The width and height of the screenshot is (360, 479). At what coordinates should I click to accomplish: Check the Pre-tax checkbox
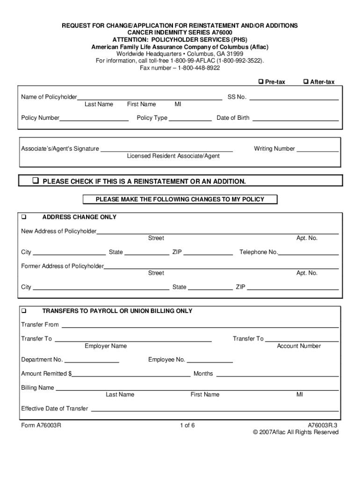point(261,82)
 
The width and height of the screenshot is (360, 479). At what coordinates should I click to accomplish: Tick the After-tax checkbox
point(306,82)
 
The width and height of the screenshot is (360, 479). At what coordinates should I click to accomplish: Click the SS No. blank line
point(294,99)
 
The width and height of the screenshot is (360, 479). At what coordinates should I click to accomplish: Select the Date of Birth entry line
point(295,120)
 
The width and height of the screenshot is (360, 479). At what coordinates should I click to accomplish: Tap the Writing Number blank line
point(317,151)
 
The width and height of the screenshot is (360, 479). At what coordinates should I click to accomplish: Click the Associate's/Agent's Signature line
point(166,151)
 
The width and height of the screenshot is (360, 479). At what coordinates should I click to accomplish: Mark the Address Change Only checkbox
point(24,217)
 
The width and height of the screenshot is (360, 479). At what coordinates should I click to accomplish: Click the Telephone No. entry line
point(309,254)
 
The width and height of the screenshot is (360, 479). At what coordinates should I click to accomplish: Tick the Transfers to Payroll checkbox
point(24,311)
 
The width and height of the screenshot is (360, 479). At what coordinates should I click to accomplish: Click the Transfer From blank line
point(200,327)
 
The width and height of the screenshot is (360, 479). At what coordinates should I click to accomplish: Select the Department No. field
point(92,362)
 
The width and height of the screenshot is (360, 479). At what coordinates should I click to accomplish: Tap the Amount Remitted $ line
point(131,376)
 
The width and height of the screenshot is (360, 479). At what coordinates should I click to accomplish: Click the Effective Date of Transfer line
point(214,411)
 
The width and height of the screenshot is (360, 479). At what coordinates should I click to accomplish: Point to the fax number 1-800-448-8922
point(180,68)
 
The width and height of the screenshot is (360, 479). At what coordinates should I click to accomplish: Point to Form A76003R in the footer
point(41,425)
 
